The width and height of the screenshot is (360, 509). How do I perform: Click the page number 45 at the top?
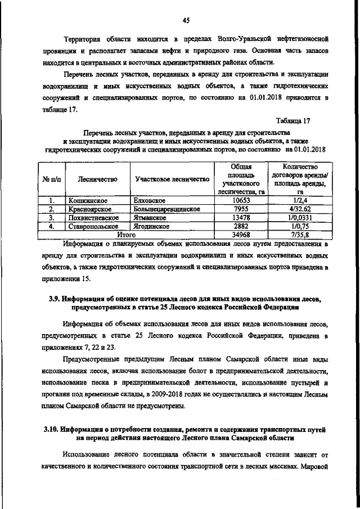pos(186,21)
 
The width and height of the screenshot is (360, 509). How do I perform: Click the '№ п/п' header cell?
pos(51,179)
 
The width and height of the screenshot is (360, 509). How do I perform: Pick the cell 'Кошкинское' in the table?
pos(88,200)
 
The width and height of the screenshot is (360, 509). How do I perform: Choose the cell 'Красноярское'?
pos(91,209)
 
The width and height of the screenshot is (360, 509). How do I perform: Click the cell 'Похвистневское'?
pos(93,218)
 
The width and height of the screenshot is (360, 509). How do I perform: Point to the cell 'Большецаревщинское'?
pos(167,209)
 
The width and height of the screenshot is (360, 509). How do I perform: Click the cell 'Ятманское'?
pos(150,218)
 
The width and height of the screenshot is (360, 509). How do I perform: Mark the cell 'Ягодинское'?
pos(152,227)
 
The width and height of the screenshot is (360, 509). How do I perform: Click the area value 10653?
pos(240,200)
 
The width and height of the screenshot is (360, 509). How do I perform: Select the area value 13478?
pos(240,218)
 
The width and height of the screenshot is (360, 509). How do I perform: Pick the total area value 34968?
pos(240,235)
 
